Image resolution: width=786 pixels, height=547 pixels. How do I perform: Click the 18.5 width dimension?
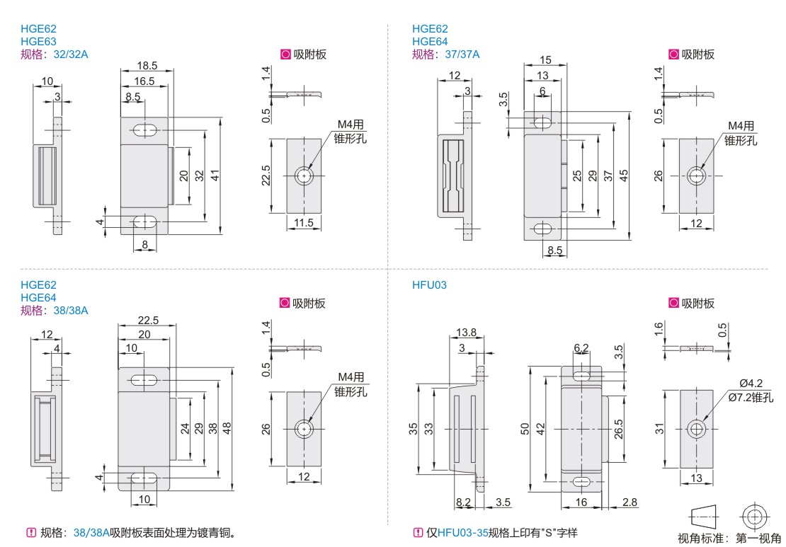[x=147, y=66]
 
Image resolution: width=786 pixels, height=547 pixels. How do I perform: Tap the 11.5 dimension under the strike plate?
[x=304, y=224]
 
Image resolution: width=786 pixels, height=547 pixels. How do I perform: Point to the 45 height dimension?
[x=623, y=175]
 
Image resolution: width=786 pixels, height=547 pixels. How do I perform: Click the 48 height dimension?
[x=227, y=428]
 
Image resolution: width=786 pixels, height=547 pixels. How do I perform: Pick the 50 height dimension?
[x=524, y=429]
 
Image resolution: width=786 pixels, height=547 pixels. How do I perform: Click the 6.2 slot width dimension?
[x=581, y=347]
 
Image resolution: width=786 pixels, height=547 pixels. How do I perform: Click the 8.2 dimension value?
[x=464, y=502]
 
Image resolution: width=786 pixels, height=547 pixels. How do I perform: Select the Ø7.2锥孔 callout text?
[x=753, y=398]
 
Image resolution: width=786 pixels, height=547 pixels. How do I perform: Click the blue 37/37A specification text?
[x=462, y=54]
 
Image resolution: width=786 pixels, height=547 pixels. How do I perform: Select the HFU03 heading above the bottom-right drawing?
[x=429, y=285]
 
